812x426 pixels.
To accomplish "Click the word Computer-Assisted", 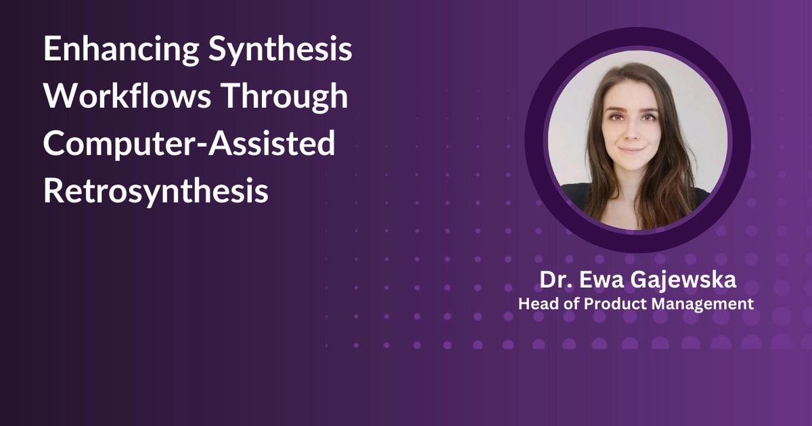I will coord(189,144).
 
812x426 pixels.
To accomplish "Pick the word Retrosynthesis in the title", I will coord(156,191).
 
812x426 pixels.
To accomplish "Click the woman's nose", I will coord(633,133).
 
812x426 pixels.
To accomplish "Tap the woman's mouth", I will coord(633,149).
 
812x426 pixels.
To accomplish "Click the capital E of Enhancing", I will coord(52,51).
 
